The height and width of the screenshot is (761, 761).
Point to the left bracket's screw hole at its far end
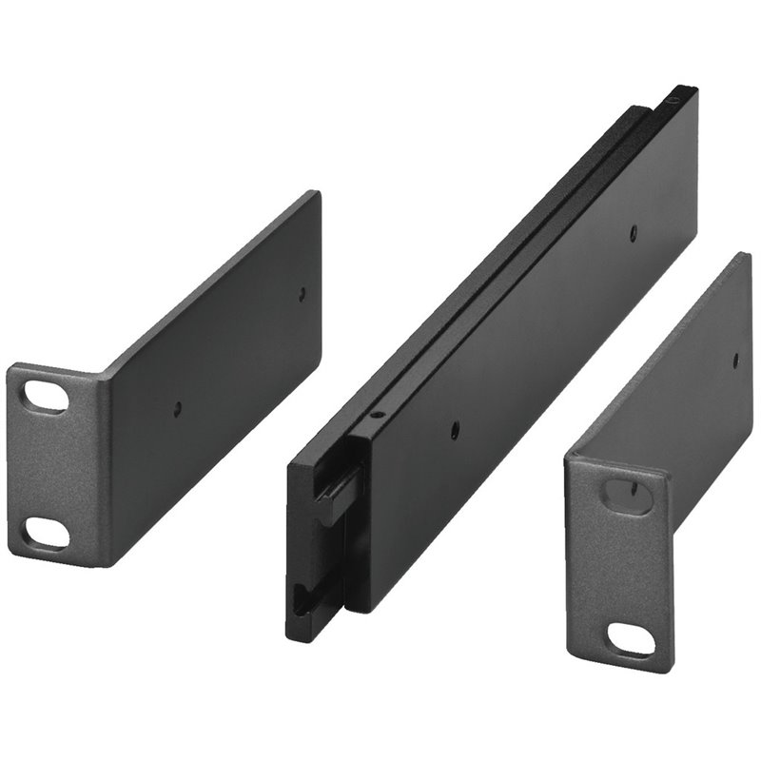point(302,294)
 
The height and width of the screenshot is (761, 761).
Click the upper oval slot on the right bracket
point(628,496)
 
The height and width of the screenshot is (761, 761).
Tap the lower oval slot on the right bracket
point(631,640)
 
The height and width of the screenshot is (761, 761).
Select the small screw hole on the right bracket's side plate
point(735,359)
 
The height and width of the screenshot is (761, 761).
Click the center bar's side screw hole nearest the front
point(454,429)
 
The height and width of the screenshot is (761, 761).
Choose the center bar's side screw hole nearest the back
point(634,229)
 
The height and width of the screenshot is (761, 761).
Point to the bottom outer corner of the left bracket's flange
point(13,555)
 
